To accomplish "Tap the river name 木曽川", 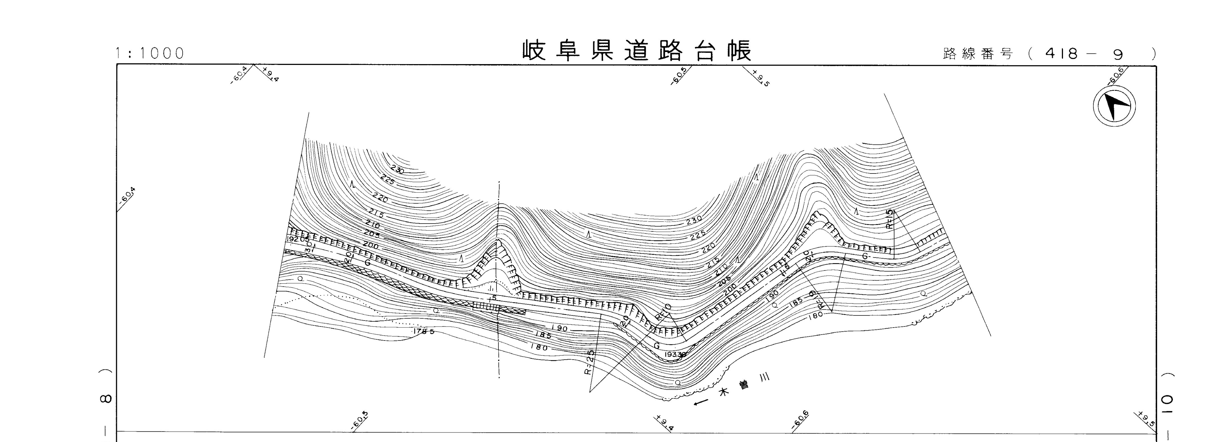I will pos(745,387).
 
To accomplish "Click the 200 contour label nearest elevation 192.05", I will pos(370,245).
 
